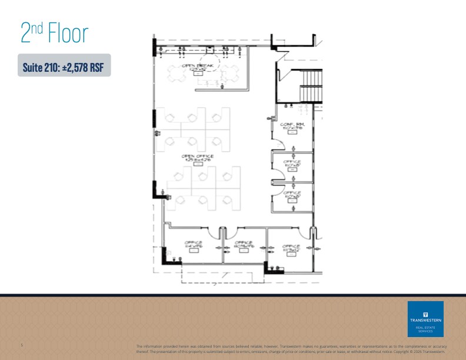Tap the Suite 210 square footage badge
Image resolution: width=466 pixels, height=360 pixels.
[x=64, y=65]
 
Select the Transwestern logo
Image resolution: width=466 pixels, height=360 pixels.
[x=425, y=319]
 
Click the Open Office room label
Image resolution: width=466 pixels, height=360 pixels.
[x=197, y=158]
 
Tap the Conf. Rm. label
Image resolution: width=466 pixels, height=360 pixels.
[x=292, y=126]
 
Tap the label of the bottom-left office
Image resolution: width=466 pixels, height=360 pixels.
[x=194, y=245]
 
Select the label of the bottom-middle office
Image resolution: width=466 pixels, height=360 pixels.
[x=244, y=244]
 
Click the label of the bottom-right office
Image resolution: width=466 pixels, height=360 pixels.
[x=291, y=248]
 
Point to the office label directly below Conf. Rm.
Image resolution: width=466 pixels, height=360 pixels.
[x=292, y=164]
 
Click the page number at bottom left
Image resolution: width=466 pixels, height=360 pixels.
[x=21, y=345]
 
